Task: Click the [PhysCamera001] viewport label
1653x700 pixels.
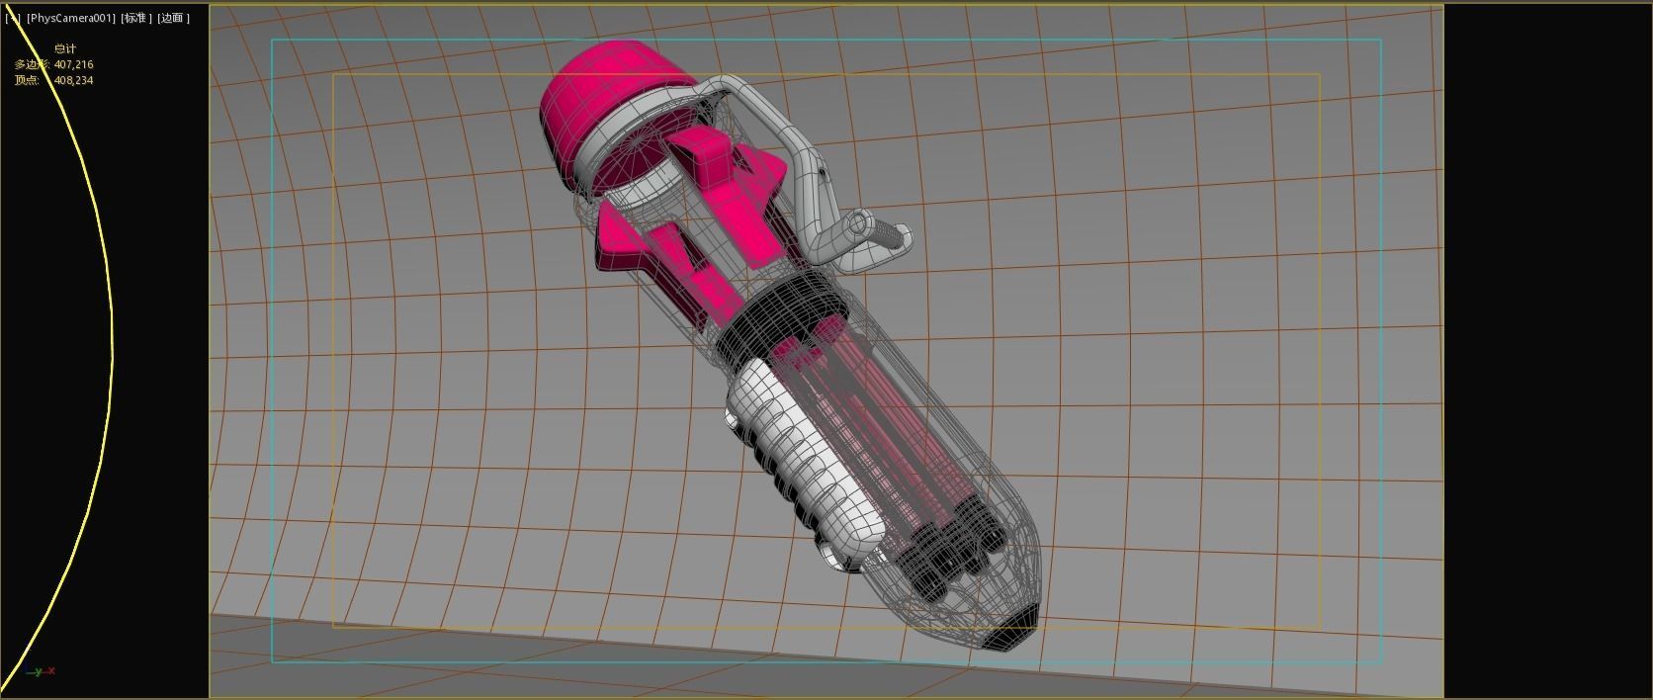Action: coord(71,18)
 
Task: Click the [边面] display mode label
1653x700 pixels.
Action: coord(173,18)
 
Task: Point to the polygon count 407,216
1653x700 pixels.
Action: coord(73,64)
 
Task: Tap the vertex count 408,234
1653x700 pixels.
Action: coord(73,80)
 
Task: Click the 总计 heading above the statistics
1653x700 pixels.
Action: coord(65,48)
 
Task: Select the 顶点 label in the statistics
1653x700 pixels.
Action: coord(26,80)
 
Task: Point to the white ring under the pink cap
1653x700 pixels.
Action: coord(603,148)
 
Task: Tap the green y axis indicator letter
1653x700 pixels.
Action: coord(39,671)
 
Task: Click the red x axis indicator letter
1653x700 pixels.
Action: coord(51,671)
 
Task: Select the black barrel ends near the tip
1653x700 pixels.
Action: coord(949,554)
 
